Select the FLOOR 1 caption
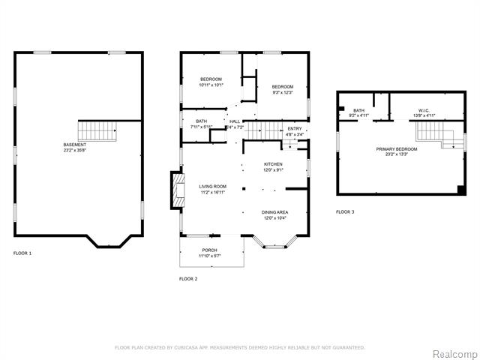point(22,253)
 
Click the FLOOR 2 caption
point(188,278)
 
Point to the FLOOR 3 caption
point(345,212)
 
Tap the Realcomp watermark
point(452,352)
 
